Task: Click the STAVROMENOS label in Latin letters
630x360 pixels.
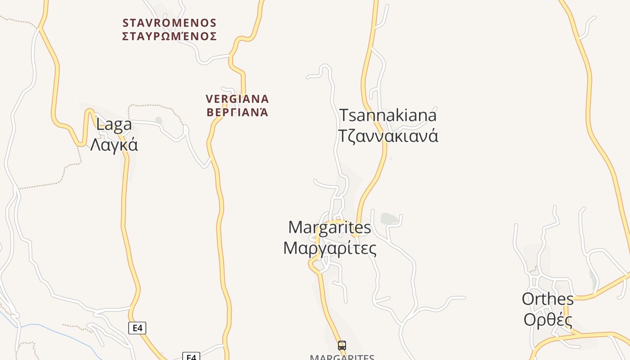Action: click(x=170, y=22)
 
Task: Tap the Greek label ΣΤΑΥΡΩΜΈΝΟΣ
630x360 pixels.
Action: click(x=170, y=36)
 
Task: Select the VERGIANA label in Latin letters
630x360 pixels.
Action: click(x=237, y=99)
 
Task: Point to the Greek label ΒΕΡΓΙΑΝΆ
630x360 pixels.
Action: click(x=237, y=112)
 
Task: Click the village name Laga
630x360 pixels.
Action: click(x=114, y=125)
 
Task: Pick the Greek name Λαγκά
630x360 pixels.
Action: click(x=114, y=145)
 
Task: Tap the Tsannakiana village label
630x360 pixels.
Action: click(x=387, y=115)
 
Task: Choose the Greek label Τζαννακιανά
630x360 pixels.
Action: click(x=387, y=135)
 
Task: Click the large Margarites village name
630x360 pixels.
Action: click(x=329, y=227)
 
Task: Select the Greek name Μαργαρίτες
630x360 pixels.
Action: click(x=329, y=248)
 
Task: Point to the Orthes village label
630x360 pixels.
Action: click(x=548, y=299)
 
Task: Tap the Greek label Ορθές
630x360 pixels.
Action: click(x=548, y=320)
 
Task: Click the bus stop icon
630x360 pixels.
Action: click(x=342, y=346)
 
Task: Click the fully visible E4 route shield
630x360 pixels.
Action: click(x=137, y=328)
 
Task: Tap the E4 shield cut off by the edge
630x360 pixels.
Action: click(x=191, y=357)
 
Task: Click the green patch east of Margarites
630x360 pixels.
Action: click(x=389, y=219)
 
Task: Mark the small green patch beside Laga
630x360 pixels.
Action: click(x=158, y=120)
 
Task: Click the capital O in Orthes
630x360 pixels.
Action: click(x=528, y=299)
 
